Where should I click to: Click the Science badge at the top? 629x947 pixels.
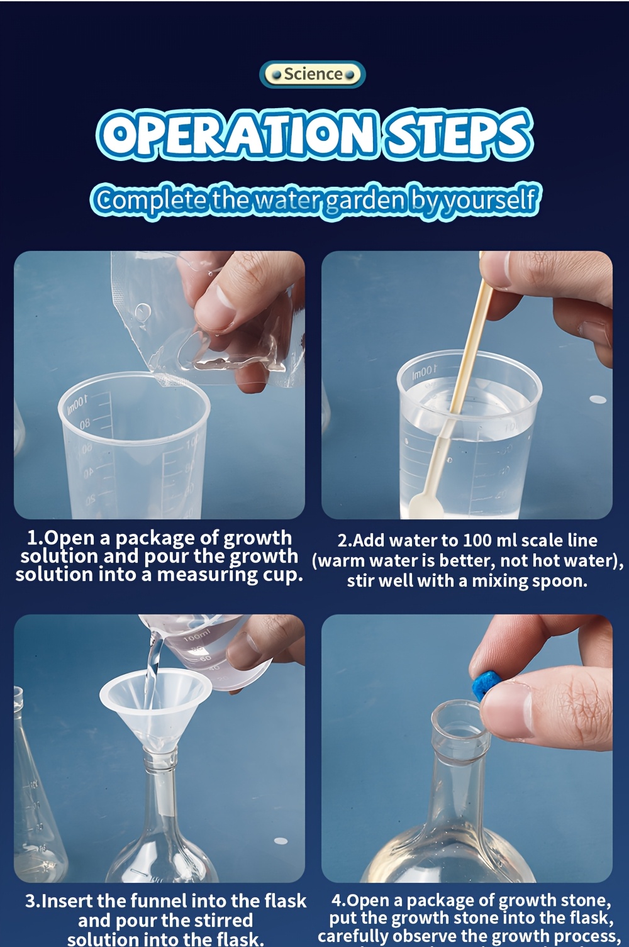[313, 74]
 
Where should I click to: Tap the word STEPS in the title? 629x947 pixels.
[459, 134]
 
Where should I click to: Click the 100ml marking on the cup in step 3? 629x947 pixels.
[196, 639]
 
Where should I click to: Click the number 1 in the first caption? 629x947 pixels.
[33, 538]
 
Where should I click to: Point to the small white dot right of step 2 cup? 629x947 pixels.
[598, 399]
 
